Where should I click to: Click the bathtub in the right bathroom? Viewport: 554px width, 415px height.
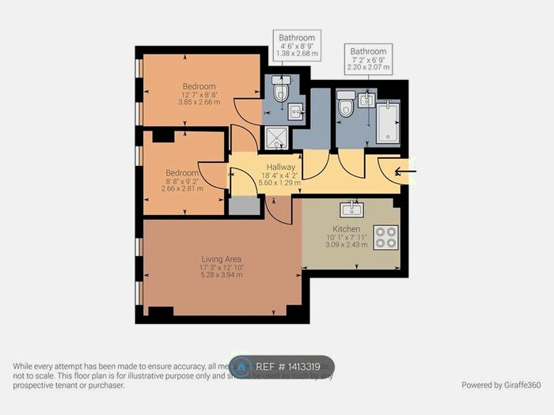click(x=389, y=122)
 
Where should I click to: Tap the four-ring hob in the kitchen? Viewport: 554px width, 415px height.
click(x=385, y=237)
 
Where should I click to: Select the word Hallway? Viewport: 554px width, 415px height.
click(x=281, y=168)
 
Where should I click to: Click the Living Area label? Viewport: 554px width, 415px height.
click(x=222, y=258)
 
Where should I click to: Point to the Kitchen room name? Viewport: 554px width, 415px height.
click(x=346, y=229)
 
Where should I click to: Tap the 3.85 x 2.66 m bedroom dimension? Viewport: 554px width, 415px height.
click(x=199, y=102)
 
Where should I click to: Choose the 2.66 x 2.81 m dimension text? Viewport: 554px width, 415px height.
click(x=181, y=189)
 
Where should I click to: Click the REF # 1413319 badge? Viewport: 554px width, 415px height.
click(x=283, y=367)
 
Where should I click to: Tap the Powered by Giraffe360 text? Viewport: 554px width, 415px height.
click(x=501, y=385)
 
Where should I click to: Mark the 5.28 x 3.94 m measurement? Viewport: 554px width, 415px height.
click(x=222, y=275)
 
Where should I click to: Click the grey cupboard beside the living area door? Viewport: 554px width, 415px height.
click(x=244, y=206)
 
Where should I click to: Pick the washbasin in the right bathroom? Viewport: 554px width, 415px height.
click(x=366, y=100)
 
